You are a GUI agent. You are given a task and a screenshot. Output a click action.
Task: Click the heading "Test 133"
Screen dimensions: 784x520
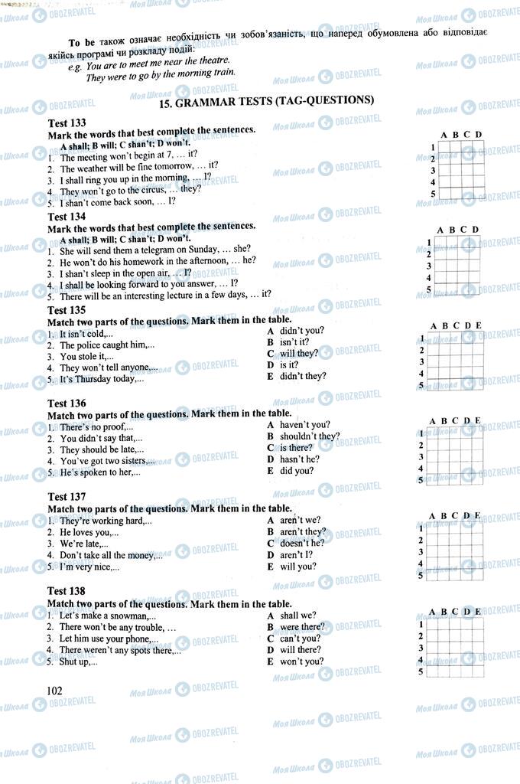coord(67,122)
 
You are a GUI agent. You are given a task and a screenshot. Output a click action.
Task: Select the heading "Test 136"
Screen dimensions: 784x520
coord(67,403)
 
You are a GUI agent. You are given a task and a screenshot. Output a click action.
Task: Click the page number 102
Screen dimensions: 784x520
coord(54,690)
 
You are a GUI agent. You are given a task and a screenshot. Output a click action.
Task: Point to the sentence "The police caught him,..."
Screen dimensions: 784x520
coord(106,345)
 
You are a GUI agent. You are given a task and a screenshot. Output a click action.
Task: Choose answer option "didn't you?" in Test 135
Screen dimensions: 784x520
coord(301,330)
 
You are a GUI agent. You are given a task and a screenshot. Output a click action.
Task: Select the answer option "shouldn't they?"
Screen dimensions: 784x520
coord(309,436)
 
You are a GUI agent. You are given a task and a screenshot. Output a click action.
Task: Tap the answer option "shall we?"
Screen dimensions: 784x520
coord(297,615)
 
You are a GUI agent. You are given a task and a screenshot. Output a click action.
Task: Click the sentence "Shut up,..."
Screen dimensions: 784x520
coord(78,661)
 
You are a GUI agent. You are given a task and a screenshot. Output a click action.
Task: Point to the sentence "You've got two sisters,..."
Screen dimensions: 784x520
coord(106,461)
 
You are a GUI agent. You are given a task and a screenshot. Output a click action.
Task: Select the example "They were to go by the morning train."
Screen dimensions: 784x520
coord(161,74)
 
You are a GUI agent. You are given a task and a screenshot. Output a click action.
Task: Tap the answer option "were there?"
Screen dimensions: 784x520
coord(302,626)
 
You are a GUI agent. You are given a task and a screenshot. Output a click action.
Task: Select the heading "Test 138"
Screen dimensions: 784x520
coord(67,590)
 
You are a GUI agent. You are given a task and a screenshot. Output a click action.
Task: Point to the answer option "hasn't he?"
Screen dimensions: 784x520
coord(299,459)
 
